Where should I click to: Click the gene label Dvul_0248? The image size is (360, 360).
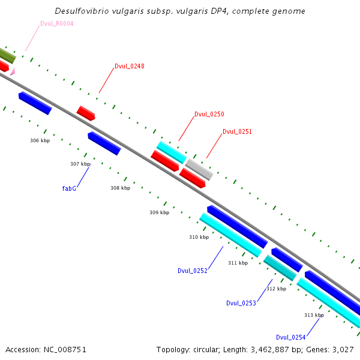[x=130, y=66]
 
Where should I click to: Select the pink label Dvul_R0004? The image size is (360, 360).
[x=57, y=23]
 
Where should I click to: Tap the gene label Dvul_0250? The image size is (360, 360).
[x=209, y=114]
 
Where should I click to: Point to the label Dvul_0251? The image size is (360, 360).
[x=237, y=131]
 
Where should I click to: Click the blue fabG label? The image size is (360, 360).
[x=69, y=188]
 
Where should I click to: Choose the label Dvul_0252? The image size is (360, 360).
[x=193, y=271]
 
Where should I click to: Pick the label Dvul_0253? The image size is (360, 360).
[x=241, y=303]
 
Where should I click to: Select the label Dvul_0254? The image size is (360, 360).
[x=290, y=337]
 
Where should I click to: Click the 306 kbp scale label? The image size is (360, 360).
[x=40, y=140]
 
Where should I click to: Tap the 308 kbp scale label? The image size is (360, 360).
[x=121, y=188]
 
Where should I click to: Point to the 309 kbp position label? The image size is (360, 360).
[x=160, y=212]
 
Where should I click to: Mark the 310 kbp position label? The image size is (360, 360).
[x=199, y=237]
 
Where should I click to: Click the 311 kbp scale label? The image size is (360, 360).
[x=238, y=263]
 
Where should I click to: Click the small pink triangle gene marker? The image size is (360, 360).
[x=13, y=71]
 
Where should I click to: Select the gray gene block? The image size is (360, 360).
[x=199, y=169]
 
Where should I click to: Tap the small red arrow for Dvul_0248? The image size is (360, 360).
[x=86, y=113]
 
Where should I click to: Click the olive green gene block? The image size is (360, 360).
[x=7, y=55]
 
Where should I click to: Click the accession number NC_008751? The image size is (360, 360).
[x=65, y=350]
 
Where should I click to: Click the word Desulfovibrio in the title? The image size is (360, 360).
[x=82, y=11]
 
